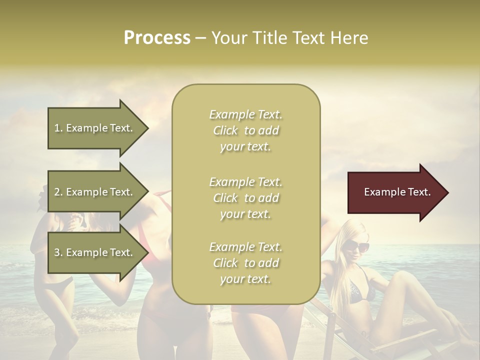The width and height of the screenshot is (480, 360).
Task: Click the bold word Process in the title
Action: pyautogui.click(x=157, y=38)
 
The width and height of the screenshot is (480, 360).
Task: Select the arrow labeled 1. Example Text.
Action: pyautogui.click(x=95, y=128)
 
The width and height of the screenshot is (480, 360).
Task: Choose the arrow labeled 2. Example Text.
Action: pyautogui.click(x=95, y=192)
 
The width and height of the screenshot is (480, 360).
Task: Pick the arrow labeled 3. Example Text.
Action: pyautogui.click(x=95, y=252)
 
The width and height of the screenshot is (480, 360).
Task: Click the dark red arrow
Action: pyautogui.click(x=395, y=192)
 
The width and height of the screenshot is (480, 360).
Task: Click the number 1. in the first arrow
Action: pyautogui.click(x=58, y=128)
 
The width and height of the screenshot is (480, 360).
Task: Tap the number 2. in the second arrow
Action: pyautogui.click(x=58, y=192)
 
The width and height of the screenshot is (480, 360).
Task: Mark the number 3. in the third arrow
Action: pyautogui.click(x=58, y=252)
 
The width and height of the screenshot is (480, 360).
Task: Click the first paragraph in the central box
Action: pyautogui.click(x=245, y=130)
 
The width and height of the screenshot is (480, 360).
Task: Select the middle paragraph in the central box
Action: pyautogui.click(x=245, y=198)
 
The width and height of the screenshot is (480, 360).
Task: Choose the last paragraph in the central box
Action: pyautogui.click(x=245, y=263)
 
